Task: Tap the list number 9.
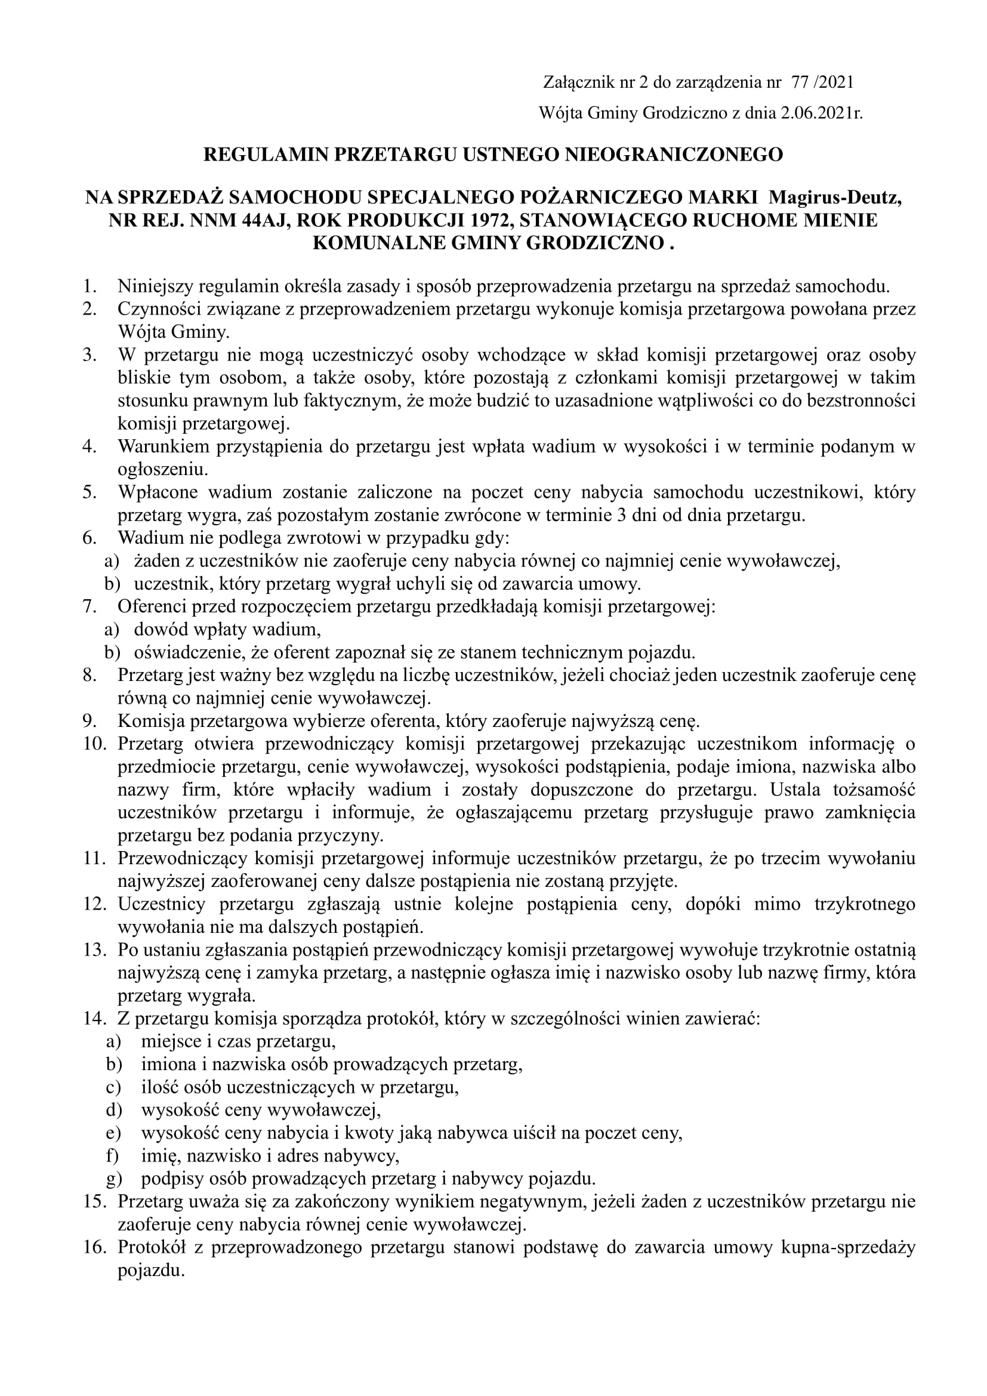[x=90, y=722]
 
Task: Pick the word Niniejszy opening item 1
[x=155, y=286]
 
